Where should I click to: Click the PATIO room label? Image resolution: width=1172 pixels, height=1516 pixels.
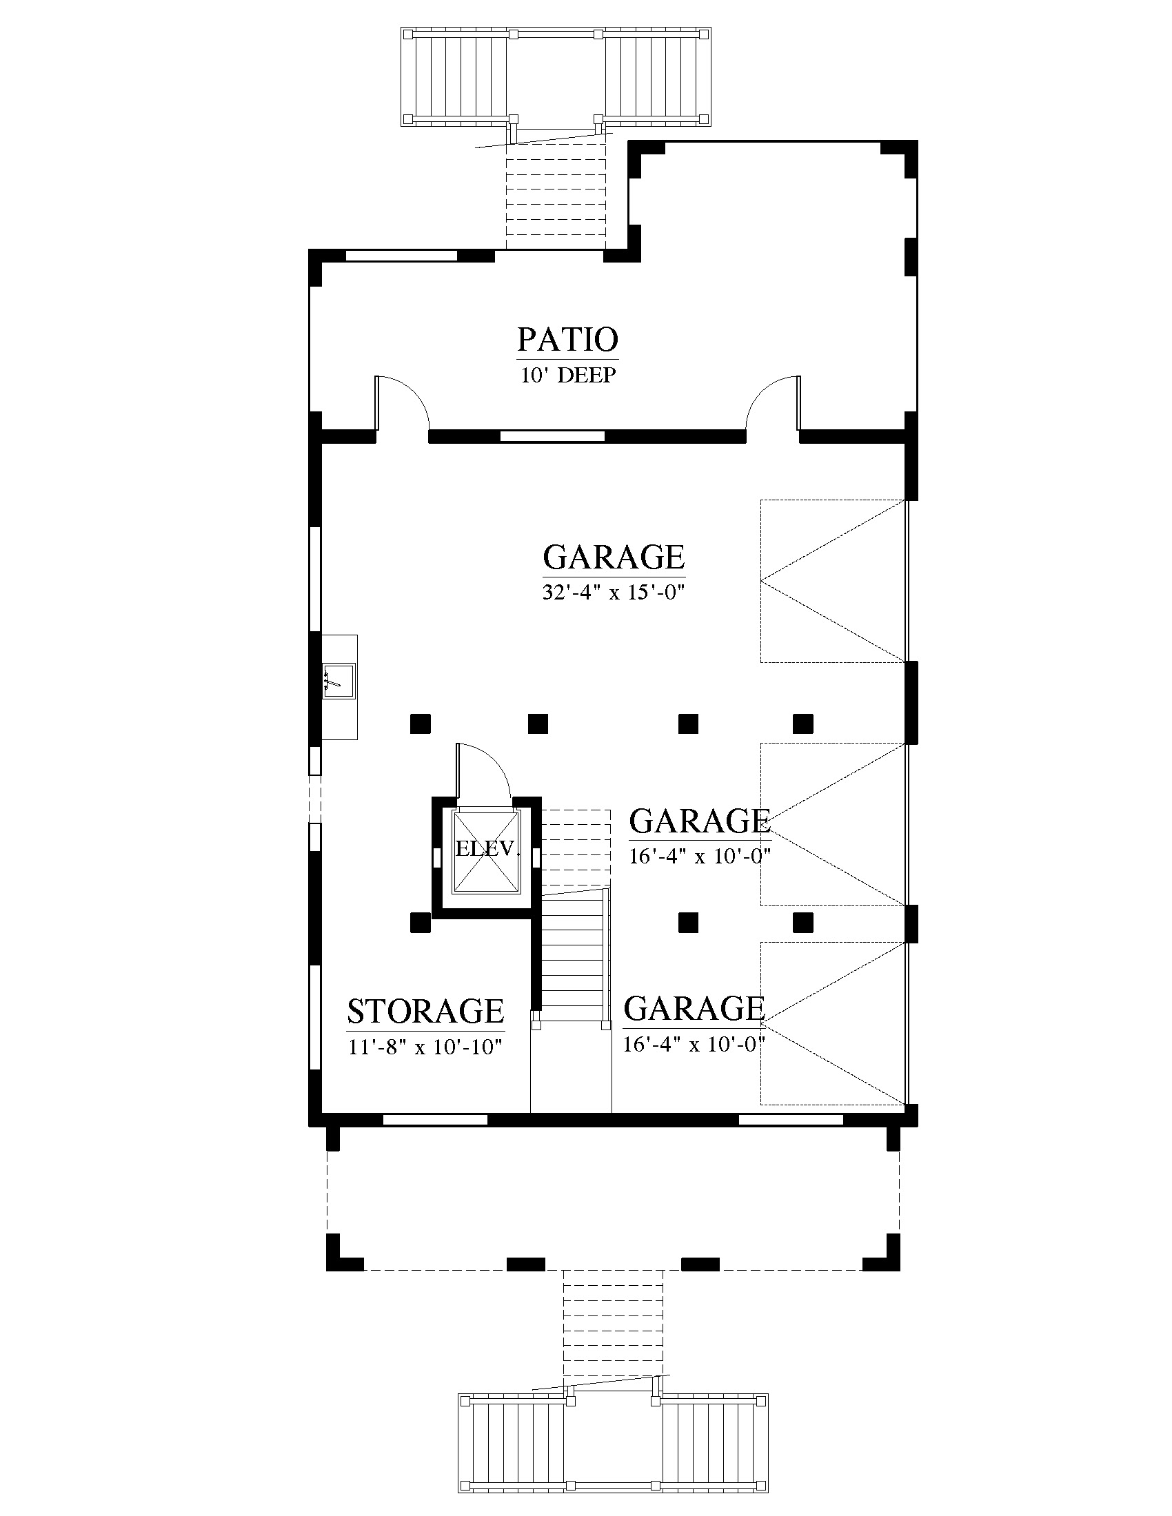click(x=567, y=340)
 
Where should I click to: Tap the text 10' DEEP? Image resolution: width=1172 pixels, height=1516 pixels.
click(x=569, y=376)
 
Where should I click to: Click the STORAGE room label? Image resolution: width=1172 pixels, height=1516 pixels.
click(x=425, y=1012)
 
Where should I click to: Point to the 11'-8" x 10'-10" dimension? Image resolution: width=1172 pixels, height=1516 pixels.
click(x=425, y=1046)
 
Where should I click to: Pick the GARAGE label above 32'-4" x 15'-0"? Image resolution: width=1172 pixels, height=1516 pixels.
click(x=614, y=557)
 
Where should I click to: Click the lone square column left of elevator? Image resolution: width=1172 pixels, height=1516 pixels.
click(x=420, y=923)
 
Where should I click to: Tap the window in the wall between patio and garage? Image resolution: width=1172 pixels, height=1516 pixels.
click(x=553, y=437)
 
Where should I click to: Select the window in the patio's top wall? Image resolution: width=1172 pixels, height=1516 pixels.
click(x=401, y=255)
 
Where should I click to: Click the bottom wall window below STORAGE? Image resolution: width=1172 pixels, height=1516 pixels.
click(x=435, y=1120)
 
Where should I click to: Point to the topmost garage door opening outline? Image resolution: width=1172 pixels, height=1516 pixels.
click(x=833, y=581)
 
